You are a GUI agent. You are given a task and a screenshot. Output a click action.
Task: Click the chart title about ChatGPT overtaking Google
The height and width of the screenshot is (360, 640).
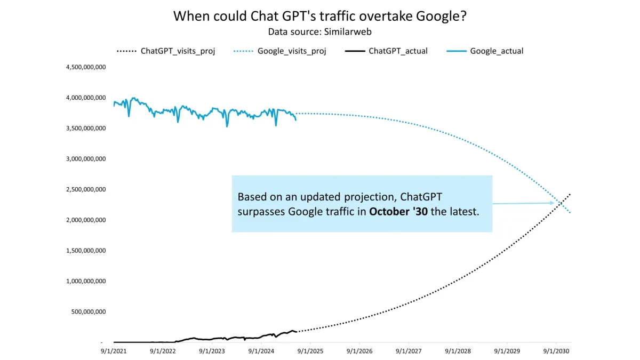320,16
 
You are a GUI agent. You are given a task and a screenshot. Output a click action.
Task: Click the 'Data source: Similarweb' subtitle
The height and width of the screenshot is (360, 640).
320,32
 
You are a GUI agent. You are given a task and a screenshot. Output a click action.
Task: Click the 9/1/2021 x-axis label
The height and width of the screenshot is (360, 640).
114,353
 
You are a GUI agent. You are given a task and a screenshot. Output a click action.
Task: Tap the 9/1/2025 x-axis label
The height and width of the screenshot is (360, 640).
310,353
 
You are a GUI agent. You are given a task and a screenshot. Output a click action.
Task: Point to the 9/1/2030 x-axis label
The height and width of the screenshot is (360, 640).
556,353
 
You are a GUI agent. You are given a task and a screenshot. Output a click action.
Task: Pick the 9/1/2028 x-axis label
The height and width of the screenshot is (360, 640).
458,353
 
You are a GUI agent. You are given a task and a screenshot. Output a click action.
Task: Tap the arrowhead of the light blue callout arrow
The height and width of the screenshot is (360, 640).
553,203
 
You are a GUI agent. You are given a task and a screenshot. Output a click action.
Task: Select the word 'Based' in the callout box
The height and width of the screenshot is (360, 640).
250,196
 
